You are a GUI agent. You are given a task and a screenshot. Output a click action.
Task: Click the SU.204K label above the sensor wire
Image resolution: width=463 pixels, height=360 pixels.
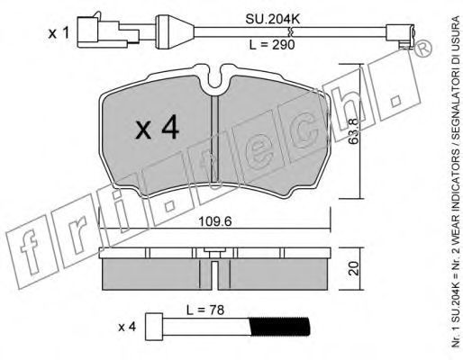pyautogui.click(x=273, y=19)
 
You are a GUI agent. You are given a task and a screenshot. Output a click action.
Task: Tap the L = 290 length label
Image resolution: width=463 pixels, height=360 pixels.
pyautogui.click(x=272, y=45)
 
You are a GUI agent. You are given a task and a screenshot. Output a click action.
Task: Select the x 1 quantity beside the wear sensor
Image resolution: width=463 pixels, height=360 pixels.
pyautogui.click(x=59, y=33)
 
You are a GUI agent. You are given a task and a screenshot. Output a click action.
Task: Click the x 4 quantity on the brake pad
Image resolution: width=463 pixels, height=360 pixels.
pyautogui.click(x=157, y=129)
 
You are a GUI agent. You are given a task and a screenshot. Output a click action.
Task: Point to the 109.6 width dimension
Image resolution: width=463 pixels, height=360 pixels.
pyautogui.click(x=215, y=221)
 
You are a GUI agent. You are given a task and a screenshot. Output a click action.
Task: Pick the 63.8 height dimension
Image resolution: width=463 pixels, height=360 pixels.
pyautogui.click(x=354, y=131)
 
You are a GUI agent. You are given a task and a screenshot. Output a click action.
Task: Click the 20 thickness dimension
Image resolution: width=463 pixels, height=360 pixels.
pyautogui.click(x=354, y=268)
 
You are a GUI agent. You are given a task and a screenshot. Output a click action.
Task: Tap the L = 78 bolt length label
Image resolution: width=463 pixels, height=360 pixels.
pyautogui.click(x=205, y=310)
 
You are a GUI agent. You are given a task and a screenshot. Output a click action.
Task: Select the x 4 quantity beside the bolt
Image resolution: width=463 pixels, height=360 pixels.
pyautogui.click(x=127, y=327)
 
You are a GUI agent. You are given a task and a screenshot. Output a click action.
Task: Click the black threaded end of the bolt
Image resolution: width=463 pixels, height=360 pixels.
pyautogui.click(x=279, y=327)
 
